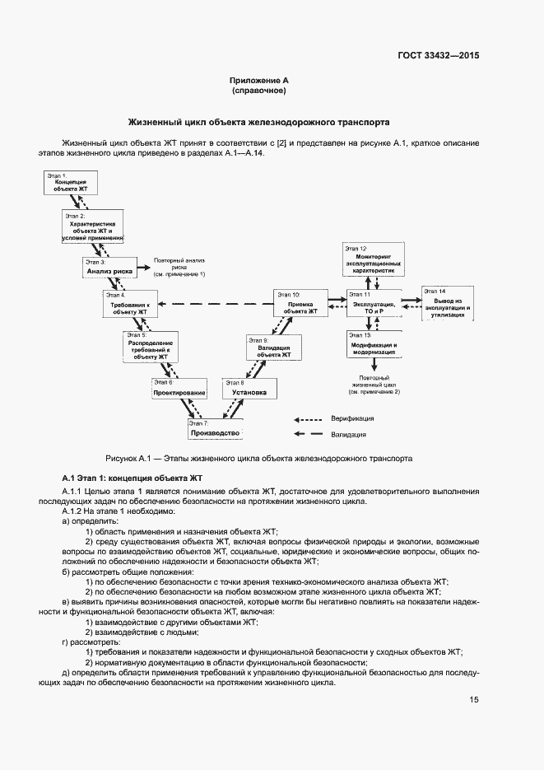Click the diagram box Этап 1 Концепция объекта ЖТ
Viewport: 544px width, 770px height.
tap(71, 183)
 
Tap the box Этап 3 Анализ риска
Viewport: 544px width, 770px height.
tap(109, 267)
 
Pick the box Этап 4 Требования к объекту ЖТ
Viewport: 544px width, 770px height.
tap(130, 304)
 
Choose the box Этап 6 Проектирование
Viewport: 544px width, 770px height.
tap(179, 389)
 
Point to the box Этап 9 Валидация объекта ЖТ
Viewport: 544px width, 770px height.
tap(273, 347)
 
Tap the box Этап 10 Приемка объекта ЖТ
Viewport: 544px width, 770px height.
tap(300, 304)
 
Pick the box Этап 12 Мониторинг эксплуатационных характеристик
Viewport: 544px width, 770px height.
tap(374, 260)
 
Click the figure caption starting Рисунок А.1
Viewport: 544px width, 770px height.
tap(258, 458)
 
